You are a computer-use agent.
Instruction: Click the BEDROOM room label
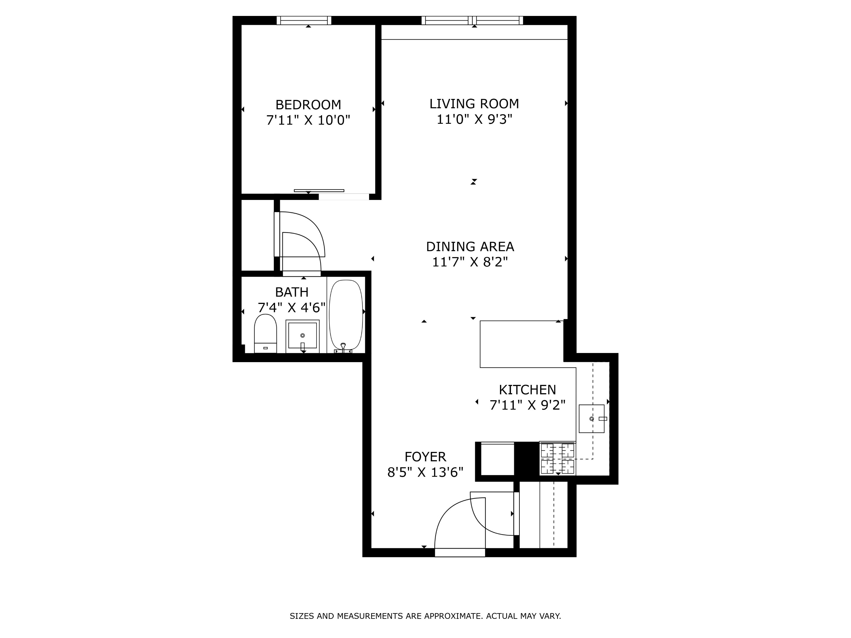point(308,105)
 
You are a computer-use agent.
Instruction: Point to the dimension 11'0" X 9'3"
point(474,120)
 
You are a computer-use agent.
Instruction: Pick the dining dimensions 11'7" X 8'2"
point(470,262)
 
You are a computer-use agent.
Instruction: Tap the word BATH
point(292,292)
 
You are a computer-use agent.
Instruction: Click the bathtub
point(346,315)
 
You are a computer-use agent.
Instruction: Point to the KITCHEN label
point(527,390)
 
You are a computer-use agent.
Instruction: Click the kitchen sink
point(591,419)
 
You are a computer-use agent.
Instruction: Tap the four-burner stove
point(558,458)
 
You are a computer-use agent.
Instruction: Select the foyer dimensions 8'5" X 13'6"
point(425,472)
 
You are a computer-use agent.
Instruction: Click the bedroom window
point(304,20)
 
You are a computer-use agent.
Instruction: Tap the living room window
point(472,20)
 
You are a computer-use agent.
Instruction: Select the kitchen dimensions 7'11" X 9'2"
point(527,405)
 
